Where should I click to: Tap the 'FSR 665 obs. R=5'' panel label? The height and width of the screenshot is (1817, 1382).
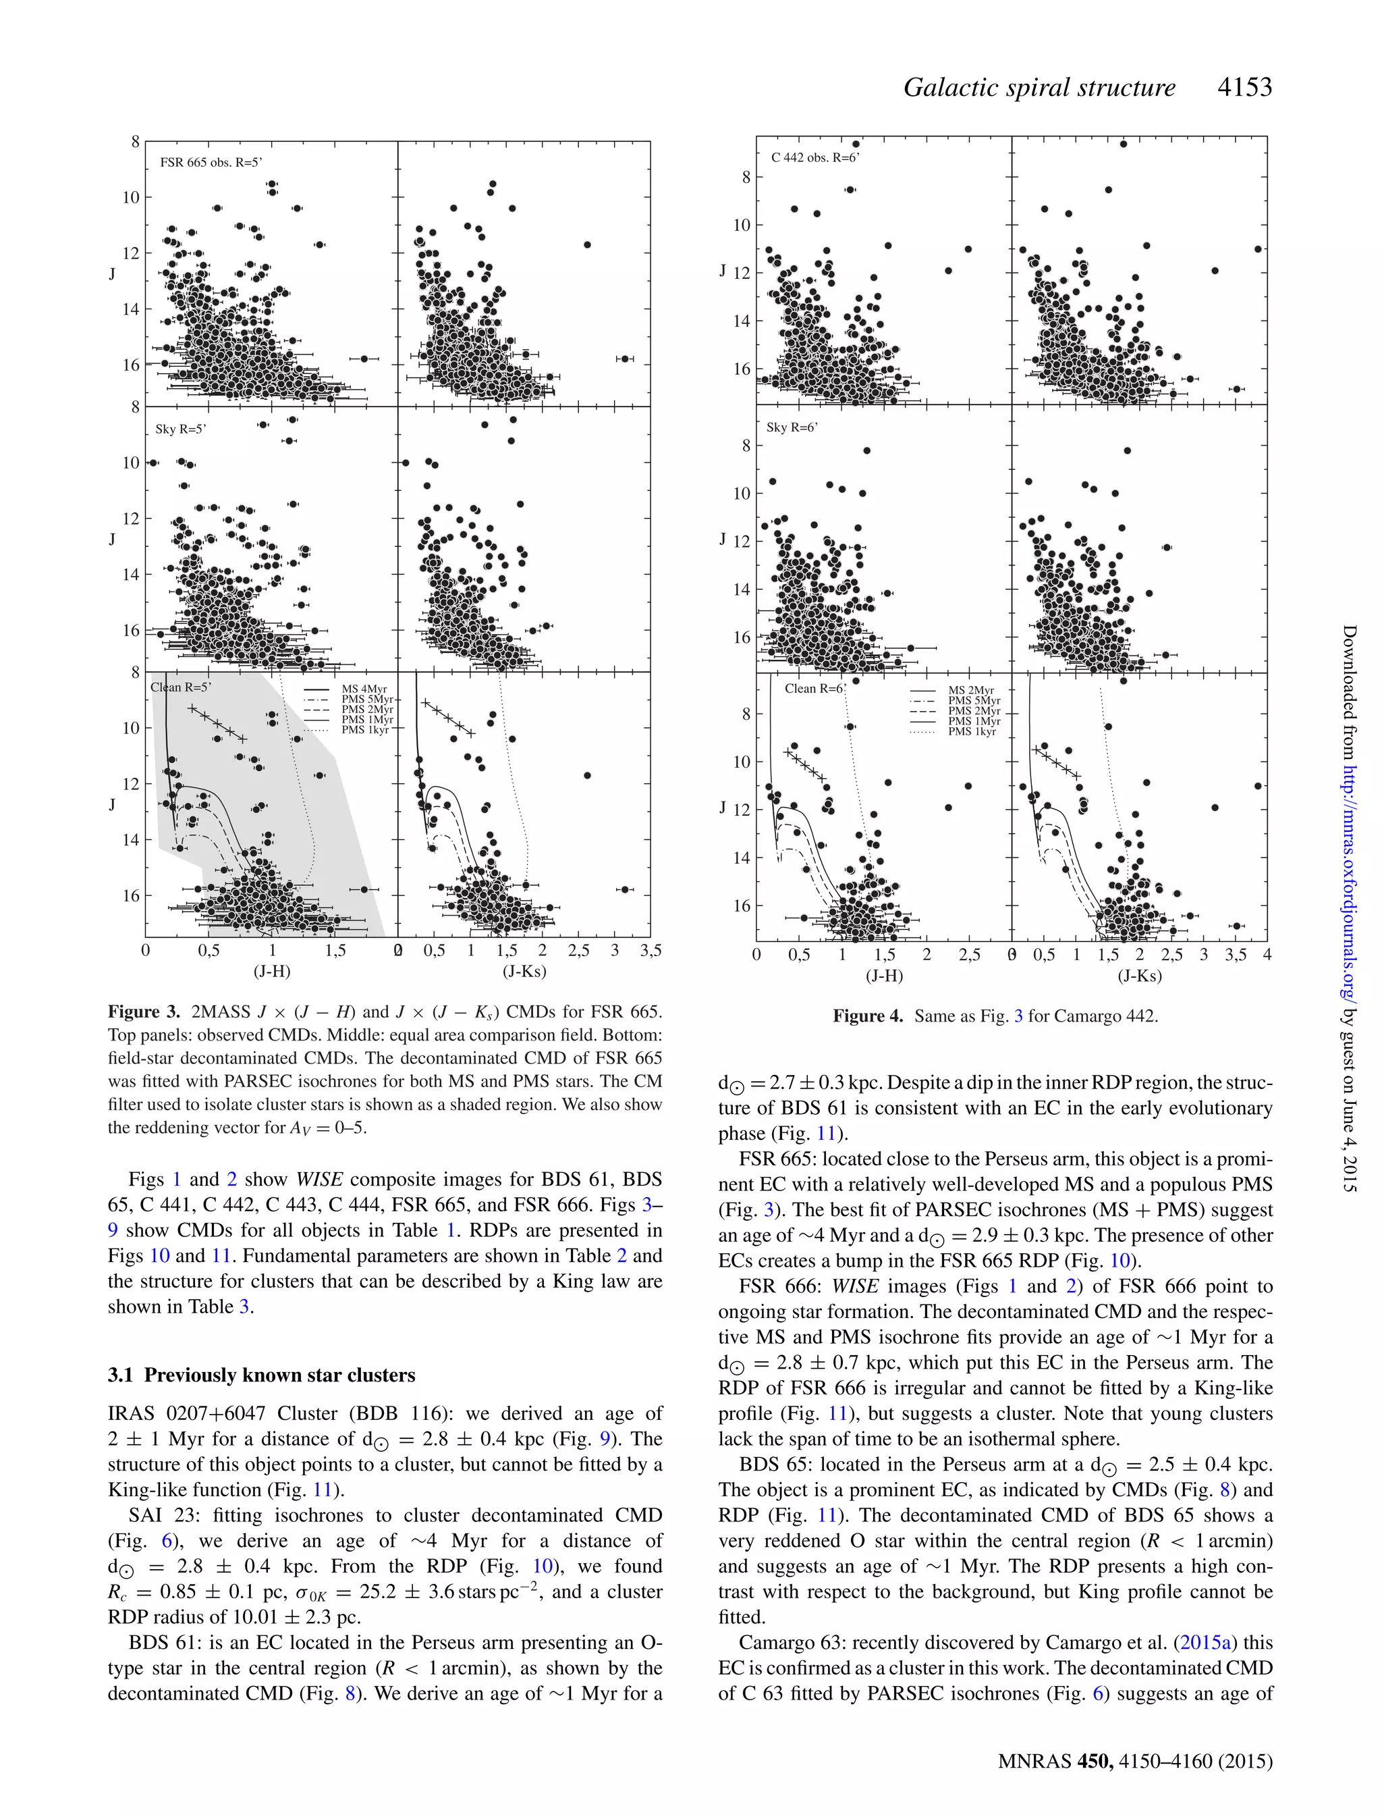[x=211, y=162]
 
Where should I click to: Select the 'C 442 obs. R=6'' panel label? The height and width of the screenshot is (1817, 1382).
[x=814, y=157]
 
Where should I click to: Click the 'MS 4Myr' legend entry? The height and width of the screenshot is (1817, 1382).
[x=364, y=689]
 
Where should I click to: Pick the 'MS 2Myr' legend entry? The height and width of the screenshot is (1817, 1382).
[x=970, y=691]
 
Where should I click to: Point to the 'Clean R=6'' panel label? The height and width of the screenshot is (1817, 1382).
[x=814, y=689]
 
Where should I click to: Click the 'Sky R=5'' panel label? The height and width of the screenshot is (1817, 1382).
[x=180, y=429]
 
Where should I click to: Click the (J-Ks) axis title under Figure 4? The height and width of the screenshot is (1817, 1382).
[x=1138, y=976]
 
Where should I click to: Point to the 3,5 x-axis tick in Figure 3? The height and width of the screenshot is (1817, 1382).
[x=649, y=951]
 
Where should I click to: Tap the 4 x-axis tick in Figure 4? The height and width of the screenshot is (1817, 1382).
[x=1267, y=955]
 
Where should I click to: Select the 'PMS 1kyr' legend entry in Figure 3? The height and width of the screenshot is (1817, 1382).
[x=365, y=730]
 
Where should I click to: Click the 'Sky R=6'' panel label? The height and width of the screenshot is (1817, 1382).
[x=792, y=427]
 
